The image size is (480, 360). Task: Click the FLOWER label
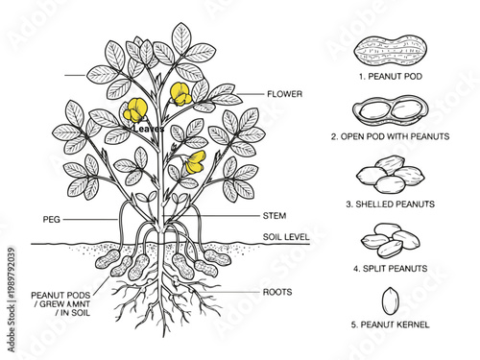(286, 94)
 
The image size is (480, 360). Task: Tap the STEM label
(275, 216)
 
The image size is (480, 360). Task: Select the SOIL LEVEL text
(286, 236)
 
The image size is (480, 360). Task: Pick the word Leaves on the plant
(149, 128)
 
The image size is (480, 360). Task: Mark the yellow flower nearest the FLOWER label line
(180, 93)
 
